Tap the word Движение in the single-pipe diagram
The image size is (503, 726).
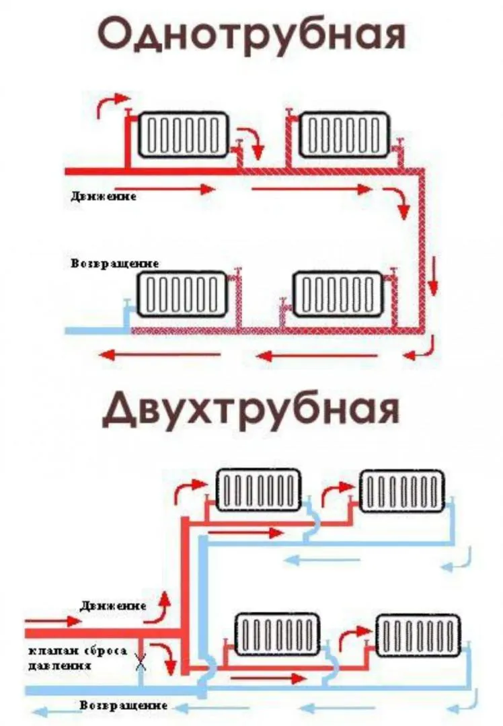coord(104,196)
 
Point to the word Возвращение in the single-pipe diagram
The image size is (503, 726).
coord(115,264)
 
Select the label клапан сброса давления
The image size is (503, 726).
coord(77,658)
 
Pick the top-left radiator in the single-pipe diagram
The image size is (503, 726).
coord(184,134)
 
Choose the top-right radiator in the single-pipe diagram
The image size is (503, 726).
coord(344,134)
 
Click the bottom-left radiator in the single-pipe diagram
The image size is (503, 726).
coord(182,294)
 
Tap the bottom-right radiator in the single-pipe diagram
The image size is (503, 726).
coord(338,294)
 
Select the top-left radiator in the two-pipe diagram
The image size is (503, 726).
coord(259,490)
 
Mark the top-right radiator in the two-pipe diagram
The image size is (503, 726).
coord(402,491)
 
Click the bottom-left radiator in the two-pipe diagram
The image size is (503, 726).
coord(278,634)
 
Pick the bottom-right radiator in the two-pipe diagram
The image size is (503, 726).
coord(418,635)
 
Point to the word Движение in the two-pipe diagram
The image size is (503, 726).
coord(114,606)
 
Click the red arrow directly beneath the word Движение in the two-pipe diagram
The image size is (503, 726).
coord(53,621)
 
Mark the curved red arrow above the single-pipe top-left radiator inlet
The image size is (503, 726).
coord(111,104)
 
